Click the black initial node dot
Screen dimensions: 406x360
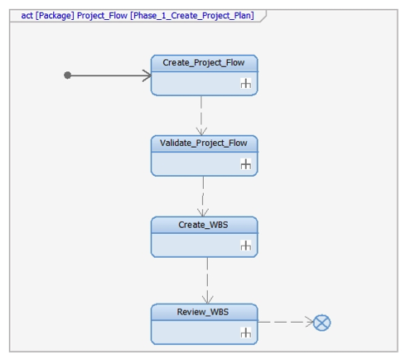[67, 75]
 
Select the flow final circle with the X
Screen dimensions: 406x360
[321, 323]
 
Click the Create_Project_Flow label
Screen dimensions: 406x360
[204, 63]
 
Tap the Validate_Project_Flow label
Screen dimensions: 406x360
[204, 144]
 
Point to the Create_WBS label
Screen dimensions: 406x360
[203, 225]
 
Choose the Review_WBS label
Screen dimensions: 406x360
[203, 312]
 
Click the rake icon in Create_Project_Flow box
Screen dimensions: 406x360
[246, 83]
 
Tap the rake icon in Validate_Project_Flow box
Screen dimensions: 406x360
[246, 164]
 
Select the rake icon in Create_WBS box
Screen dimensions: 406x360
[246, 246]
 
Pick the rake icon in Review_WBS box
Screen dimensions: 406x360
[246, 333]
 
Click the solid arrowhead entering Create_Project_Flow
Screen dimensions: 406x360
[147, 75]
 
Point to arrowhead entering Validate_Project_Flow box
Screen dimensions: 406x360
[201, 131]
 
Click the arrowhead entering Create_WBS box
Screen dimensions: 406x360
[203, 212]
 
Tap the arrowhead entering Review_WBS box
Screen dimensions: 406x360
[207, 299]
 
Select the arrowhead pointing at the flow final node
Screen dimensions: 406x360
[309, 322]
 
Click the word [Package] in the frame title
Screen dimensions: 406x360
[55, 16]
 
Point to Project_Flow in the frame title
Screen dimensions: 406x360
[102, 16]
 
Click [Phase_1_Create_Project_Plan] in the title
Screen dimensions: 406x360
[192, 16]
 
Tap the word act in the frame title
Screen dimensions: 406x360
[27, 16]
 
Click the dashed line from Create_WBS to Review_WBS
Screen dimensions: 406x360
[207, 280]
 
